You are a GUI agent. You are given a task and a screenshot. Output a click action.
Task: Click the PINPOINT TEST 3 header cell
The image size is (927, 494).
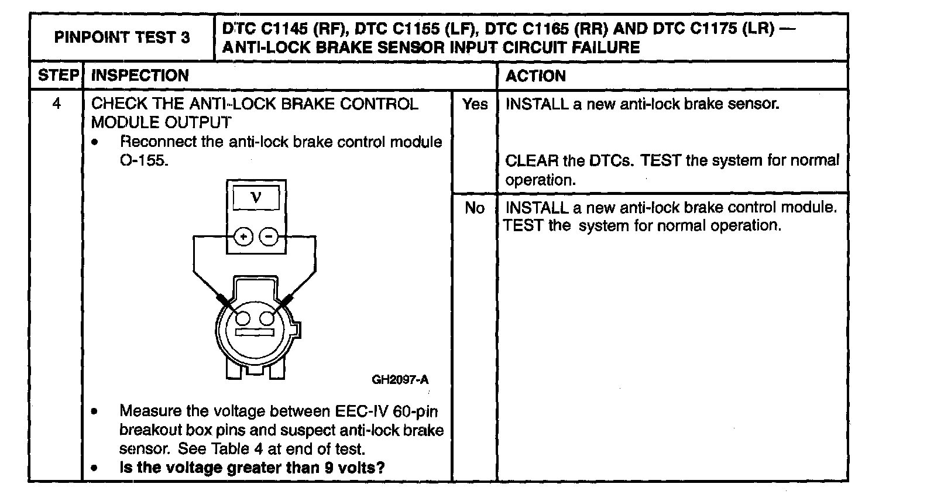click(122, 37)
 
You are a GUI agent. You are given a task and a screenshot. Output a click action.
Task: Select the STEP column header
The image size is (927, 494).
click(57, 76)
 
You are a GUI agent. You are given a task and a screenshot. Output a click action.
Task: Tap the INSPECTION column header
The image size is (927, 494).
click(140, 76)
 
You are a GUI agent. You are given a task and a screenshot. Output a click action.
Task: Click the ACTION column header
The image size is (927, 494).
click(535, 76)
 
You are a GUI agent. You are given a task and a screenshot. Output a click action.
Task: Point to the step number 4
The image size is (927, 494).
click(56, 104)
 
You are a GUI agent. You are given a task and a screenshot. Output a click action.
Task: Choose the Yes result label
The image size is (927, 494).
click(475, 104)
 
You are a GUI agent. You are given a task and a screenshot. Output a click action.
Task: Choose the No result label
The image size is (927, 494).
click(475, 208)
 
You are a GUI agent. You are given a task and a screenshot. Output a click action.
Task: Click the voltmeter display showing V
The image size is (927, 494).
click(256, 198)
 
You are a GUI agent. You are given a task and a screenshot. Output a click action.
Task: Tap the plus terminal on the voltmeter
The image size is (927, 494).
click(243, 237)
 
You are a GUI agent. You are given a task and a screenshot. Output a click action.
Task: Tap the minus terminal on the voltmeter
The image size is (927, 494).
click(269, 237)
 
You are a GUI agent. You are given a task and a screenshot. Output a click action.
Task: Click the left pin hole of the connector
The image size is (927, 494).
click(243, 318)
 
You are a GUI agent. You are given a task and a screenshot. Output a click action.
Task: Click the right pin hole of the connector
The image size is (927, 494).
click(267, 318)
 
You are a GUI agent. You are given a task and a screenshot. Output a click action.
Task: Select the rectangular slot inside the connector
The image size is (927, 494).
click(255, 332)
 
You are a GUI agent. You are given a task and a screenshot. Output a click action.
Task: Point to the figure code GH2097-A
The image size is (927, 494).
click(400, 380)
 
